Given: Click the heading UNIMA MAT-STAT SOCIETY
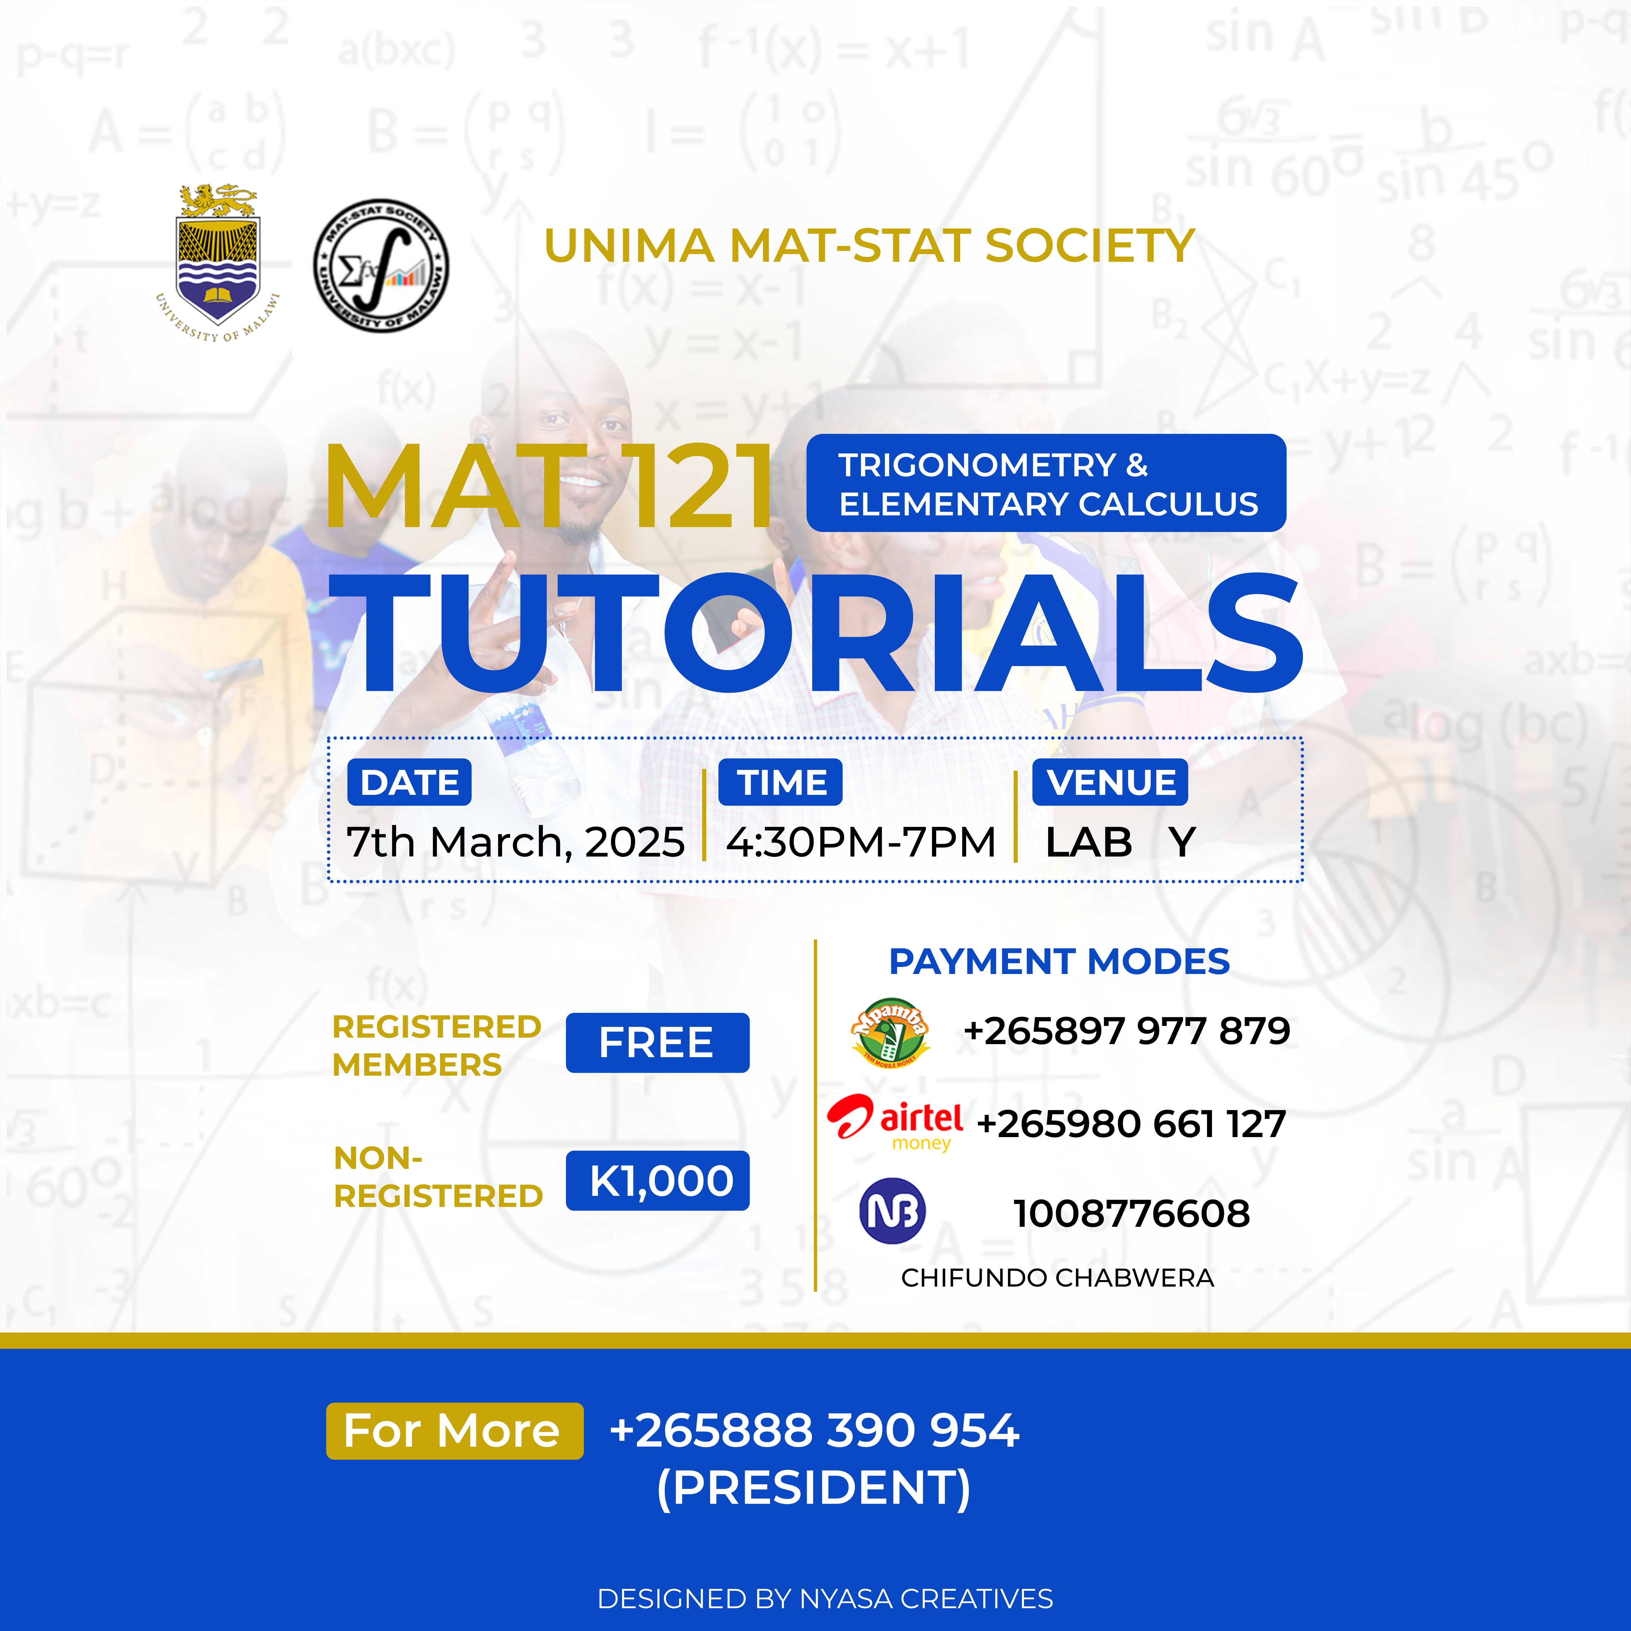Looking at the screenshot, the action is [x=869, y=246].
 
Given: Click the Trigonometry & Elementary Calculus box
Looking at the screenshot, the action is [x=1046, y=483].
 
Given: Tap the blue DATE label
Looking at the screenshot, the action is [x=409, y=783].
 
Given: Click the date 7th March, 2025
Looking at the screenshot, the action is [x=515, y=842].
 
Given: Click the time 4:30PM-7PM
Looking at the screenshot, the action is [x=861, y=842].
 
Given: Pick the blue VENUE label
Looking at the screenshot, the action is [x=1110, y=783].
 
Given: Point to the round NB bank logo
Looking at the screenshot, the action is [x=892, y=1212].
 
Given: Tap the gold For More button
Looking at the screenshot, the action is [x=454, y=1431].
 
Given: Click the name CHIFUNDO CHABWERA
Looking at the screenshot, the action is [x=1057, y=1278].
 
